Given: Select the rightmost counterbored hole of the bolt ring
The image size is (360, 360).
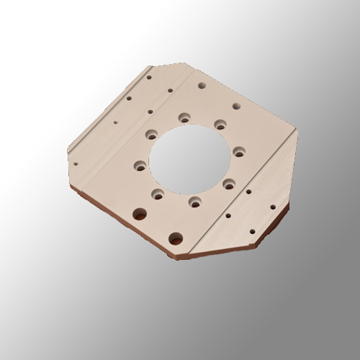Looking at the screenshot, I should pyautogui.click(x=237, y=151).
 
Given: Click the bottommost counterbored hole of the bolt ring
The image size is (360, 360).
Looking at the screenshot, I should pyautogui.click(x=194, y=202).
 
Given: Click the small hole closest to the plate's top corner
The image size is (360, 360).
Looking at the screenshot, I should pyautogui.click(x=149, y=73).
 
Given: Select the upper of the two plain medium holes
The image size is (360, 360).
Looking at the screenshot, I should pyautogui.click(x=129, y=100).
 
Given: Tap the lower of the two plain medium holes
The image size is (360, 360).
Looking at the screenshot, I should pyautogui.click(x=150, y=112).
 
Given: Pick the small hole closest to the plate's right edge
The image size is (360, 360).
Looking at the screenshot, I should pyautogui.click(x=273, y=205).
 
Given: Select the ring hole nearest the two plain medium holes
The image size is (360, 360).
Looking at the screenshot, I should pyautogui.click(x=153, y=133).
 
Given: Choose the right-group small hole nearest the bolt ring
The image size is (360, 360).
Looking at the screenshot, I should pyautogui.click(x=248, y=192).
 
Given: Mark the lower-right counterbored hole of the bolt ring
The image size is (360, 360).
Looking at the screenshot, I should pyautogui.click(x=229, y=184).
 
